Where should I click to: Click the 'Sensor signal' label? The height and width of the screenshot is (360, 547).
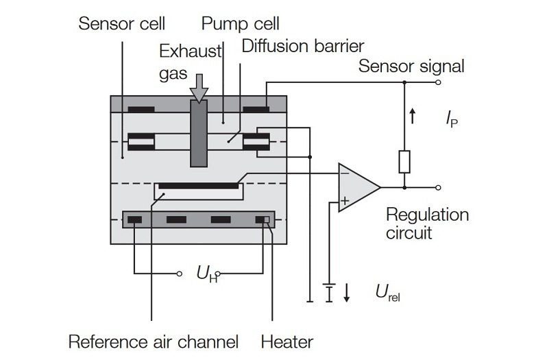click(x=411, y=67)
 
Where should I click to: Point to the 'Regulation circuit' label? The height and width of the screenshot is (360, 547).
click(x=427, y=223)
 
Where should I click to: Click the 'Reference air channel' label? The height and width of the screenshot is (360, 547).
click(x=154, y=341)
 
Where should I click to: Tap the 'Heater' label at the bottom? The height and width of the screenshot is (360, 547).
click(x=287, y=341)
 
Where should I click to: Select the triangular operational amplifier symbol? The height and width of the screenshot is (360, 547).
click(x=356, y=187)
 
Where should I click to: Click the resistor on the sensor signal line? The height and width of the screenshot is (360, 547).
click(x=404, y=162)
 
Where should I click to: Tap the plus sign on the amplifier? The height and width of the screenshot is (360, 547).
click(x=345, y=200)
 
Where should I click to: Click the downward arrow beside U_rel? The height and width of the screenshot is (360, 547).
click(x=347, y=293)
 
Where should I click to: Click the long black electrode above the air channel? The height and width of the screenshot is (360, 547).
click(x=197, y=185)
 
